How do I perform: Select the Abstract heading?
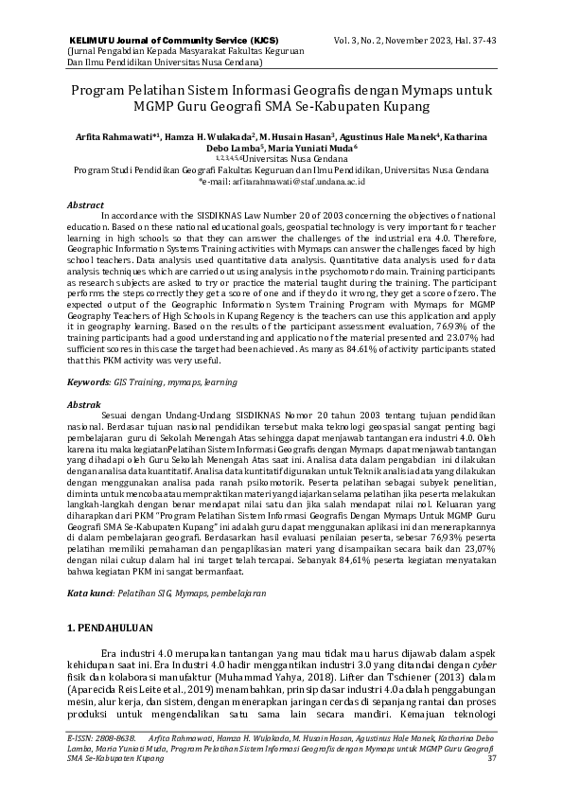[x=86, y=204]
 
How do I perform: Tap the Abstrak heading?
[x=84, y=404]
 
